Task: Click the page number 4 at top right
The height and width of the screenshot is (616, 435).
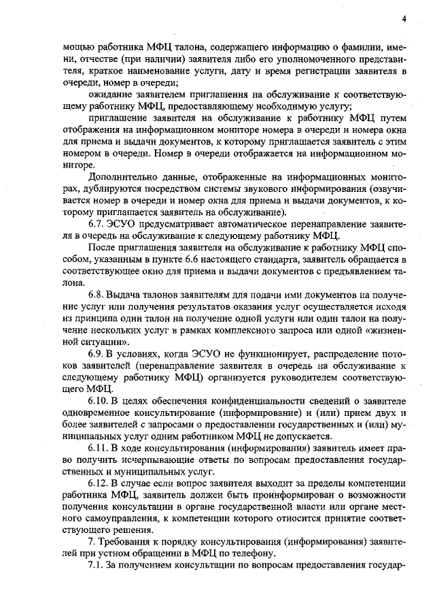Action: (x=404, y=18)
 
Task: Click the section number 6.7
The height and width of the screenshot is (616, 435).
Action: (x=99, y=222)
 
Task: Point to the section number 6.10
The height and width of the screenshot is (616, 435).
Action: (x=101, y=400)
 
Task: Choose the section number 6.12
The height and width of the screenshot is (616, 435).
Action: (x=101, y=483)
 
